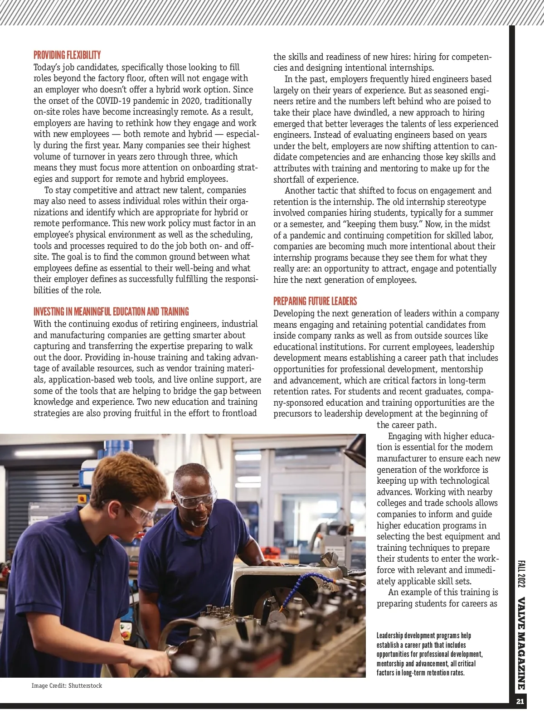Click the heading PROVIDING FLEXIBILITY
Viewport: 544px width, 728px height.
tap(67, 55)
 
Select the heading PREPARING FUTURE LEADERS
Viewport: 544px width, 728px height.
tap(315, 301)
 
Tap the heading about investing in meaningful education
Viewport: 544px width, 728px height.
tap(111, 312)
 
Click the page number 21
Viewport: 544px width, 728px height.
tap(520, 701)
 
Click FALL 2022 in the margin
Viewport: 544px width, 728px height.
tap(521, 574)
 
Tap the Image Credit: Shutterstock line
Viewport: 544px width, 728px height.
tap(67, 685)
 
